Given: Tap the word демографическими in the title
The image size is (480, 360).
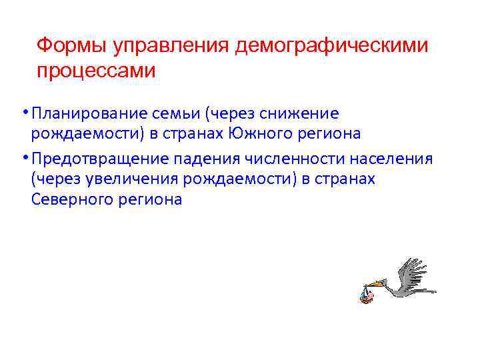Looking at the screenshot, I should (333, 46).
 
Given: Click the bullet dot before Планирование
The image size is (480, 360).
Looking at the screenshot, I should (24, 111).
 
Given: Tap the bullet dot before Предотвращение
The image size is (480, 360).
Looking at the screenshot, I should (24, 157).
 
